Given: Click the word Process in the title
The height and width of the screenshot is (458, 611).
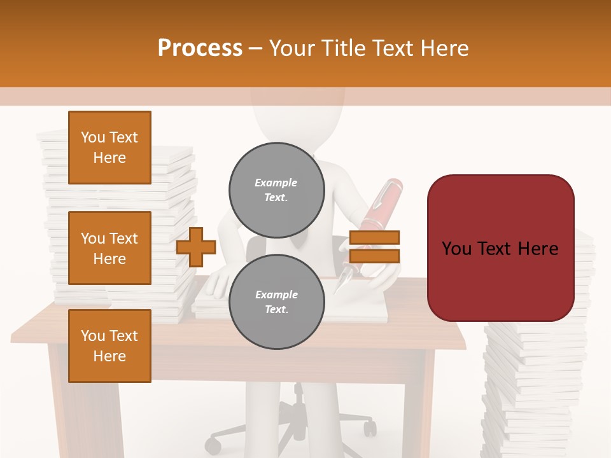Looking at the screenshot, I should coord(200,48).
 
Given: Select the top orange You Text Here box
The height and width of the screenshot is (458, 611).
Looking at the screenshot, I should coord(109,148).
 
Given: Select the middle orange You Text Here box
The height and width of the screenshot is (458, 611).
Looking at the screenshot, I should coord(109,248).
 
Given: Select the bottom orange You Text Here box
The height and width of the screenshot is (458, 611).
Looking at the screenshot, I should coord(109,346).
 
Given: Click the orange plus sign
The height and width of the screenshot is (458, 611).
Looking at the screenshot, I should coord(196,247).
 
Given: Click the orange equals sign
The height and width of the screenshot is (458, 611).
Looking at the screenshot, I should coord(375,247).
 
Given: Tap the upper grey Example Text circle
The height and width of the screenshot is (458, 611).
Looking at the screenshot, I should coord(276,190).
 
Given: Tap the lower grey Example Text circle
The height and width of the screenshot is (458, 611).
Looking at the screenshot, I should coord(276,302).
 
